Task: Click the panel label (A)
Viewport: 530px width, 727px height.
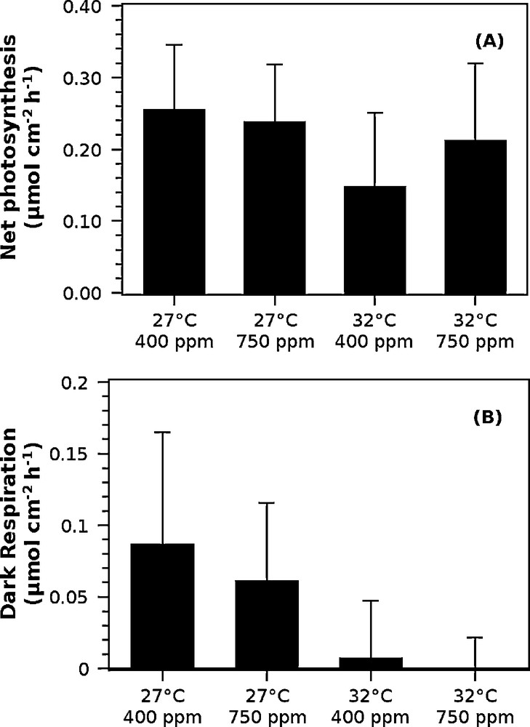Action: tap(489, 42)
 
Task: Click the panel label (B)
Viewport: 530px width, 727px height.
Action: tap(489, 419)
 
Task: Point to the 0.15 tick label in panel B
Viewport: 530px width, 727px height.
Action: tap(82, 454)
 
